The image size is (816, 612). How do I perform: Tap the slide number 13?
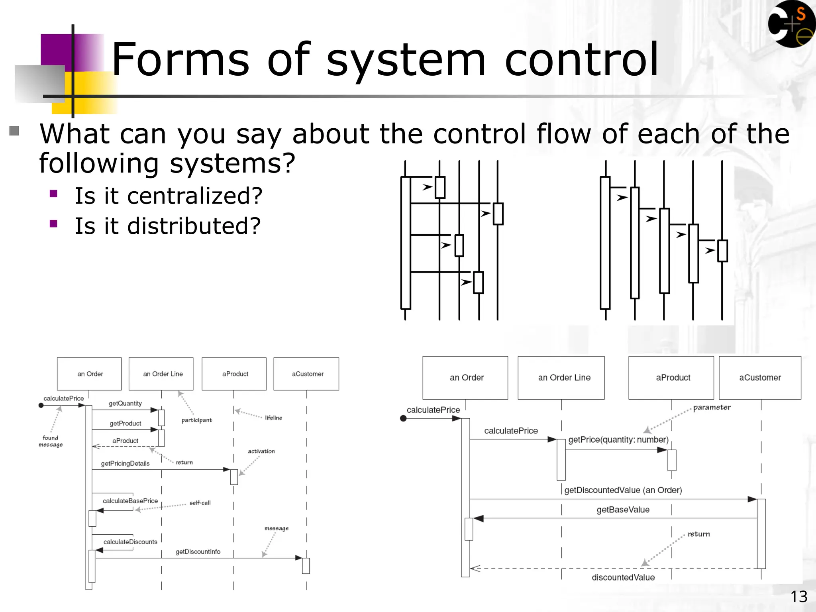(798, 596)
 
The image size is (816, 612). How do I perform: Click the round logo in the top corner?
(791, 24)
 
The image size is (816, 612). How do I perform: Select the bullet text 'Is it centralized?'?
(169, 196)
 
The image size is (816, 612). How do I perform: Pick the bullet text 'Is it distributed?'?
(168, 226)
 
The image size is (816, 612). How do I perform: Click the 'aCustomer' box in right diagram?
(760, 377)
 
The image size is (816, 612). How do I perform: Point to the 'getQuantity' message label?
(125, 403)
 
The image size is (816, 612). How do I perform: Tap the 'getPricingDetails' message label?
(125, 463)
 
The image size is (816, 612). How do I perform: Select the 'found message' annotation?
(51, 441)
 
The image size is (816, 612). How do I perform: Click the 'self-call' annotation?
(200, 503)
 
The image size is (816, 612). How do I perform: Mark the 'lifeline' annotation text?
(273, 418)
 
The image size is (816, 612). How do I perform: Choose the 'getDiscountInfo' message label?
(198, 551)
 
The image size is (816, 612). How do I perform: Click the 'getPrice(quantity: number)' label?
(618, 439)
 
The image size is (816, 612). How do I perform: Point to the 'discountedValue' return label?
(623, 577)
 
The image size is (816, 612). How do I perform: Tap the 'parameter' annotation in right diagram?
(712, 407)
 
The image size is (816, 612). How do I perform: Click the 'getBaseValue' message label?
(623, 510)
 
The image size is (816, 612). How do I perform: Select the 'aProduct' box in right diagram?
(673, 377)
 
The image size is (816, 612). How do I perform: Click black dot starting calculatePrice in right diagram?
(403, 418)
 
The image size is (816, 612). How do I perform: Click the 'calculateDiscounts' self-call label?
(130, 542)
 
